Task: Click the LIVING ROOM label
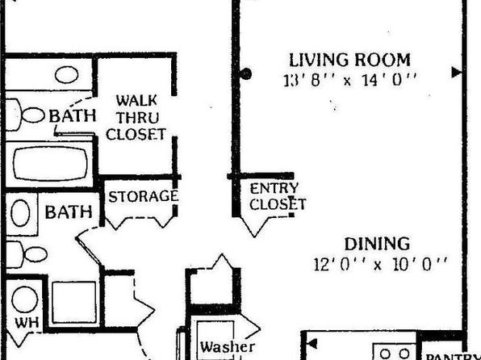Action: pos(349,60)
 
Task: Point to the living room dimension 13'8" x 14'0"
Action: pos(349,80)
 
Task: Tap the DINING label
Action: pos(377,245)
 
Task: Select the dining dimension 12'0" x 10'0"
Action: pos(380,264)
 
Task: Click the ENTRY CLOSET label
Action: pos(278,196)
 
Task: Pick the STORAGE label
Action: pos(144,196)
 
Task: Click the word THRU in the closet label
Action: pos(138,118)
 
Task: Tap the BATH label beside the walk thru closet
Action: pos(73,115)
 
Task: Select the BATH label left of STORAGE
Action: pos(69,212)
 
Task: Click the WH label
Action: pos(27,323)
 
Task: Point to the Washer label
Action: pos(228,347)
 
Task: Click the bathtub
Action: pos(51,164)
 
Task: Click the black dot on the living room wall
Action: pos(245,73)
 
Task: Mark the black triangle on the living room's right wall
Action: pos(457,73)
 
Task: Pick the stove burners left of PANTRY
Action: pos(395,352)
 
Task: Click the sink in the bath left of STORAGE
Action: pos(20,212)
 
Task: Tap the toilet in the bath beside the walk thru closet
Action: pos(24,115)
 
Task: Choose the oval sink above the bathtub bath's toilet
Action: pos(66,74)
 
